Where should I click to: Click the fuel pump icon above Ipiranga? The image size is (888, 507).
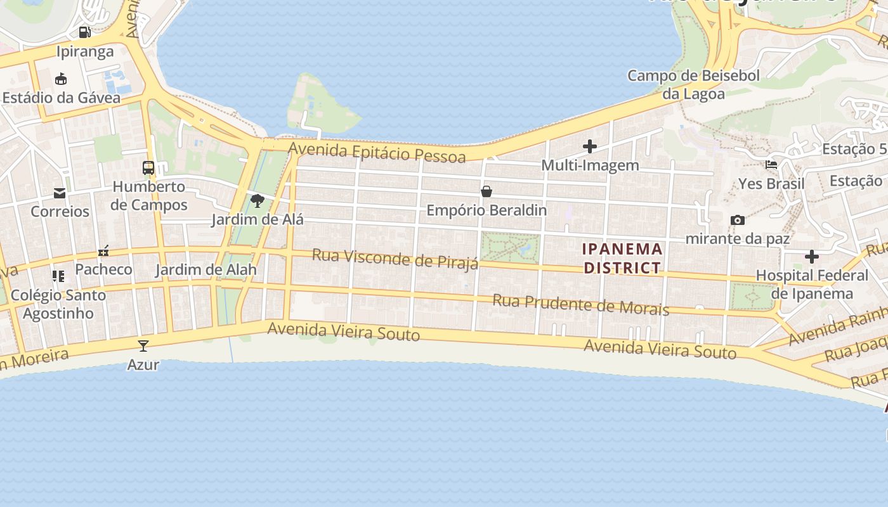(x=84, y=32)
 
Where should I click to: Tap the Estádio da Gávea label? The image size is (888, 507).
(x=61, y=98)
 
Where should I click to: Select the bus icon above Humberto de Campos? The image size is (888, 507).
(x=148, y=168)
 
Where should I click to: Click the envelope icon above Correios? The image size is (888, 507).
(x=60, y=193)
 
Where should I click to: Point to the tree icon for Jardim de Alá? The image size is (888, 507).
(x=257, y=201)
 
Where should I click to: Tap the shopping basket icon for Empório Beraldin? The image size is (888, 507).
(x=486, y=191)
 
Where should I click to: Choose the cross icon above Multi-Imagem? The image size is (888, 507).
(x=590, y=147)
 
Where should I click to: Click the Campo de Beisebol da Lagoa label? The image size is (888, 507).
(x=693, y=85)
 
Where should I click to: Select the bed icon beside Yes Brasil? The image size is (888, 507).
(x=771, y=165)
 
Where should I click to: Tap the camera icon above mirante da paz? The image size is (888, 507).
(x=737, y=220)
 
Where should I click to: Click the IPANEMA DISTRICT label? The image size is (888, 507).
(x=622, y=258)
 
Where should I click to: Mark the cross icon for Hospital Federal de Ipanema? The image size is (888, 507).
(x=811, y=257)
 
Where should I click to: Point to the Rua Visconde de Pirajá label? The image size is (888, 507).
(x=395, y=259)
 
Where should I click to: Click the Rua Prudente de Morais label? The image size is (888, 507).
(x=580, y=304)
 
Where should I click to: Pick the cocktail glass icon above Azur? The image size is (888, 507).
(x=143, y=345)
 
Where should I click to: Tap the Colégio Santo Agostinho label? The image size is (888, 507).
(x=58, y=304)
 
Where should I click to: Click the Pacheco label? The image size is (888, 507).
(x=103, y=269)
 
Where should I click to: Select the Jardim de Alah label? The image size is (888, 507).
(x=206, y=269)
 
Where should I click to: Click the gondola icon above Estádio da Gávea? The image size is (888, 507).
(x=61, y=79)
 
